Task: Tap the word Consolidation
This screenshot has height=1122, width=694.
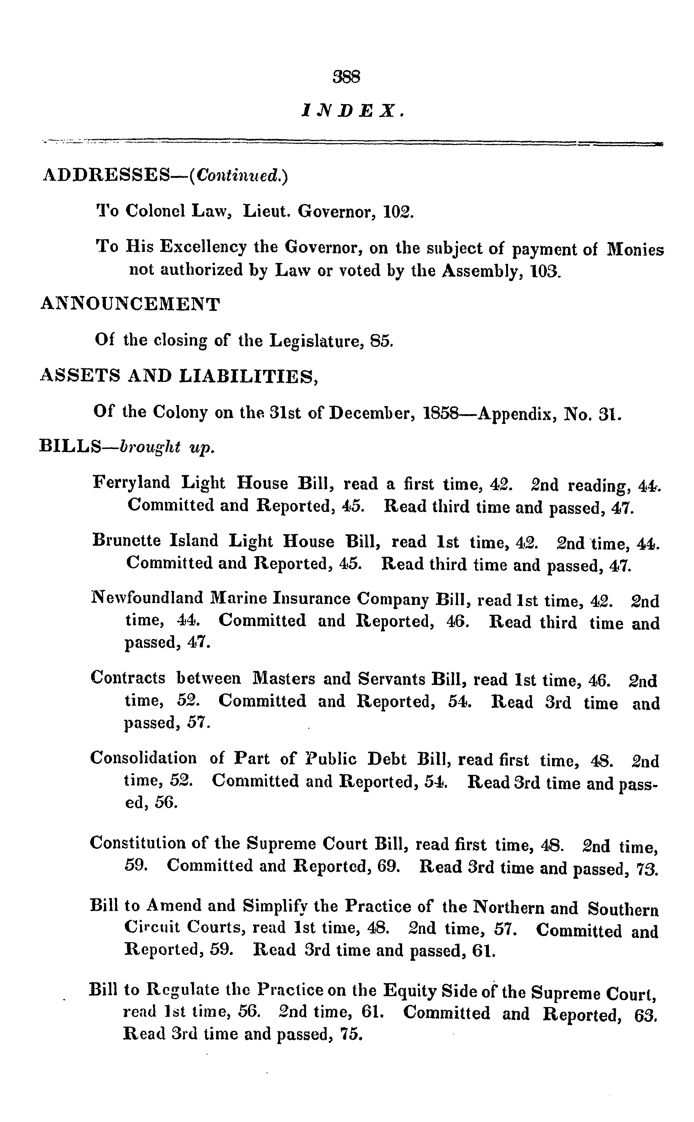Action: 143,759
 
